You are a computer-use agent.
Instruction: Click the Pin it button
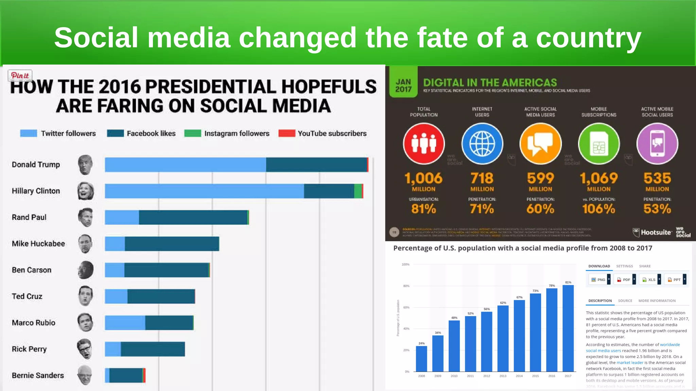20,75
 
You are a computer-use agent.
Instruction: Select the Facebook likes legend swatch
115,133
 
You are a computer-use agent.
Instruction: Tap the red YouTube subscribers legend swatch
286,133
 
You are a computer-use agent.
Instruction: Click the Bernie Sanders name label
38,375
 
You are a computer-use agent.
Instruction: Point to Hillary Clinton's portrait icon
86,191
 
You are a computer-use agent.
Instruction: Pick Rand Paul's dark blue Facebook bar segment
193,217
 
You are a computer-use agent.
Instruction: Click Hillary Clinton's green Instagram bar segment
358,191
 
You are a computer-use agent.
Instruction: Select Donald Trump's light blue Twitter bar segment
185,165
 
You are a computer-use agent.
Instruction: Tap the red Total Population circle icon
424,144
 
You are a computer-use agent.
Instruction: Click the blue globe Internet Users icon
482,144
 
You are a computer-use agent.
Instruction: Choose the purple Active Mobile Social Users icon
657,144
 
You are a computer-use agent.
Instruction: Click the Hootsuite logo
652,232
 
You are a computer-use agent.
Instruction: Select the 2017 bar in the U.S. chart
568,328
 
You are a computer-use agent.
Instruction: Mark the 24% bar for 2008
421,358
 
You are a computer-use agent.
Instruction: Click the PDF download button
624,280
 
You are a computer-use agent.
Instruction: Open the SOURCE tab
625,301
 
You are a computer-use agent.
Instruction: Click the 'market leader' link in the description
630,362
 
